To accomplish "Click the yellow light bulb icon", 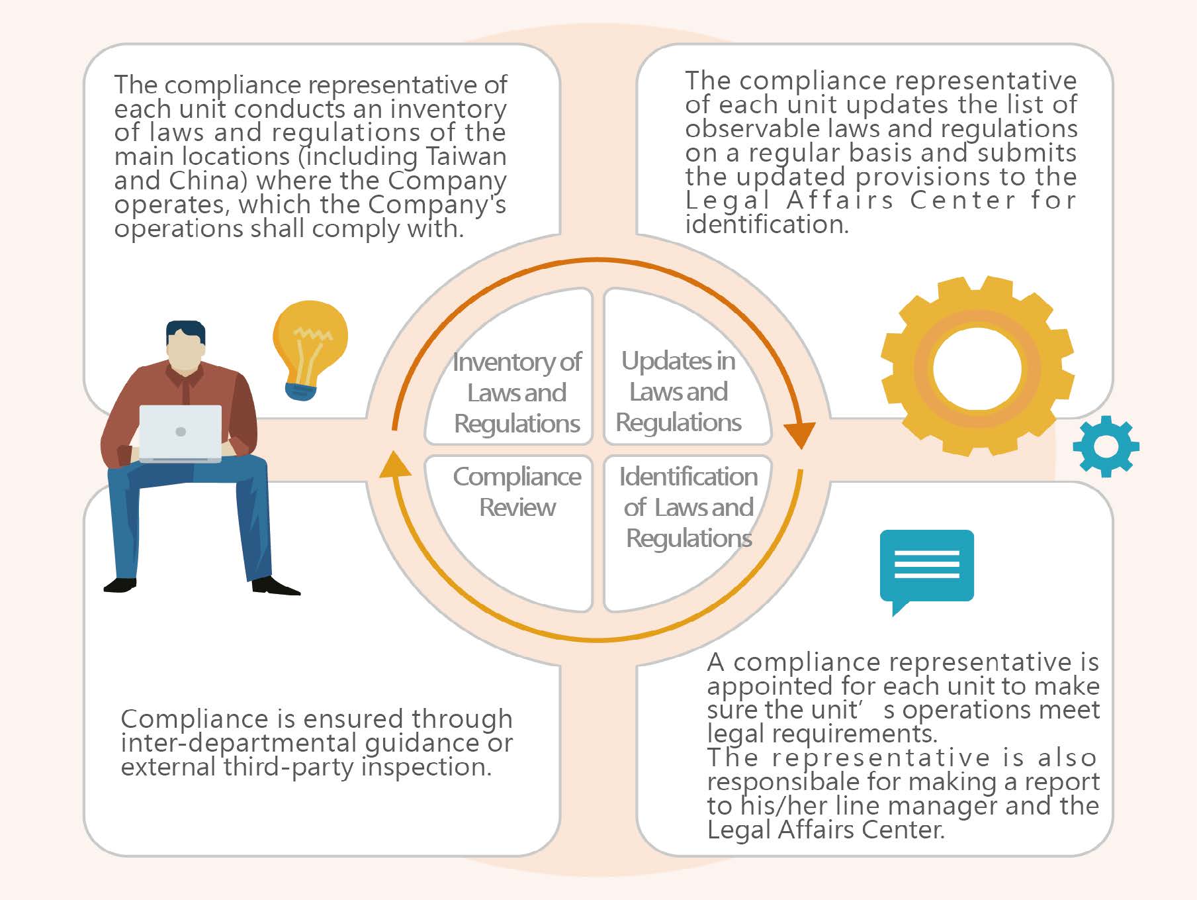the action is [x=310, y=350].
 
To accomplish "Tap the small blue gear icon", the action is [x=1106, y=446].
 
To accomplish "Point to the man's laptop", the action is [x=180, y=434].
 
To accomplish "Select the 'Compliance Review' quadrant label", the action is [x=517, y=491].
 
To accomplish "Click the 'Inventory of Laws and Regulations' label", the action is [x=517, y=393].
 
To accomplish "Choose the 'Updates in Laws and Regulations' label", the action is [x=678, y=391].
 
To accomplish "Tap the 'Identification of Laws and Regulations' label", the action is [x=688, y=507].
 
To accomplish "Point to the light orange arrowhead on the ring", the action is [x=395, y=464].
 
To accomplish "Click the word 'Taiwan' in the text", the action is [x=466, y=156].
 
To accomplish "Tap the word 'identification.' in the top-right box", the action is [x=767, y=224].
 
